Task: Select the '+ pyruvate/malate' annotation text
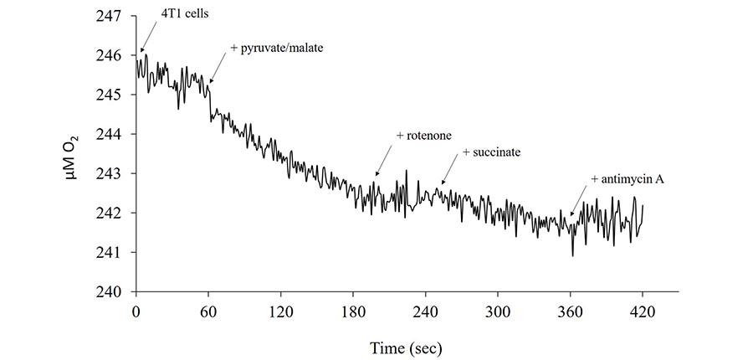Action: [x=276, y=48]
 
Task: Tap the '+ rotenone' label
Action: [x=423, y=136]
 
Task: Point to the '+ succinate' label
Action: [x=492, y=152]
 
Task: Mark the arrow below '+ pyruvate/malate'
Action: [x=219, y=65]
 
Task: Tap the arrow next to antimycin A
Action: [x=579, y=201]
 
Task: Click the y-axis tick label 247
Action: [x=110, y=16]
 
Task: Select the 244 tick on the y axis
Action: [x=110, y=134]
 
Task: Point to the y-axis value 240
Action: [x=110, y=291]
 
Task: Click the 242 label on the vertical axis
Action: [x=110, y=213]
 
